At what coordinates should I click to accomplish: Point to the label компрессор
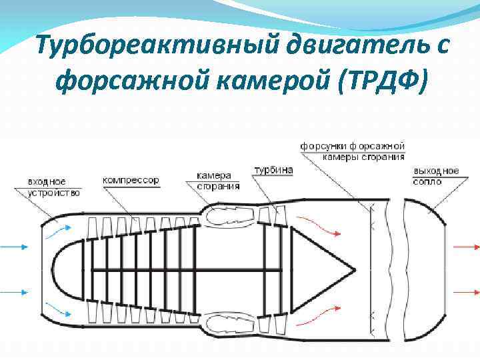131,180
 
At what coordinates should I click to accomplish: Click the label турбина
273,171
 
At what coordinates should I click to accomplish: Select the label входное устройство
54,187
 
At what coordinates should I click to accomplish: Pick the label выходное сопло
435,176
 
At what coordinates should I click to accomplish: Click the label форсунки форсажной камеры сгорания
353,151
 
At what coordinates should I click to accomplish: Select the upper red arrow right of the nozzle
465,247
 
